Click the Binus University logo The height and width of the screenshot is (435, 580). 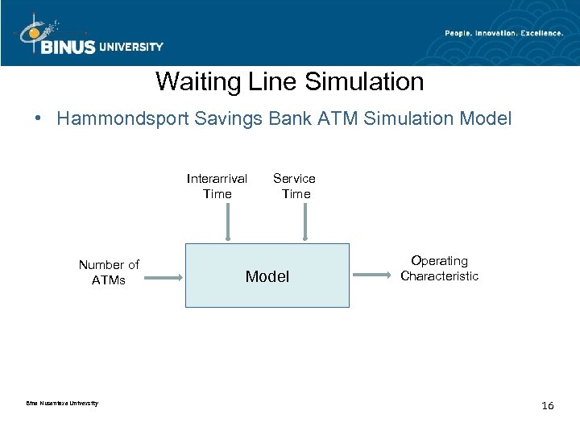click(89, 36)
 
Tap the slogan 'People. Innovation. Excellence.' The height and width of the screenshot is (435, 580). click(504, 32)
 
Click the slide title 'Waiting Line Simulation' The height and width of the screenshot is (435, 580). click(289, 81)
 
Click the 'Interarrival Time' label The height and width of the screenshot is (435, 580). click(217, 186)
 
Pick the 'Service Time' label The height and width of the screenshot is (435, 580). click(295, 186)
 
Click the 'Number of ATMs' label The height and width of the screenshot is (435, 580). click(109, 272)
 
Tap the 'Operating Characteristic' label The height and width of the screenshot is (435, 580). click(439, 268)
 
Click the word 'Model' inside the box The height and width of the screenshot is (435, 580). click(267, 276)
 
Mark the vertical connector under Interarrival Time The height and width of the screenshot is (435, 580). click(229, 222)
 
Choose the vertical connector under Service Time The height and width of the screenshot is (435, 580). click(304, 222)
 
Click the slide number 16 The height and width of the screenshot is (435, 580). click(548, 405)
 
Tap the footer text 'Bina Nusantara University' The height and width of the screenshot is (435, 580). click(62, 403)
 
